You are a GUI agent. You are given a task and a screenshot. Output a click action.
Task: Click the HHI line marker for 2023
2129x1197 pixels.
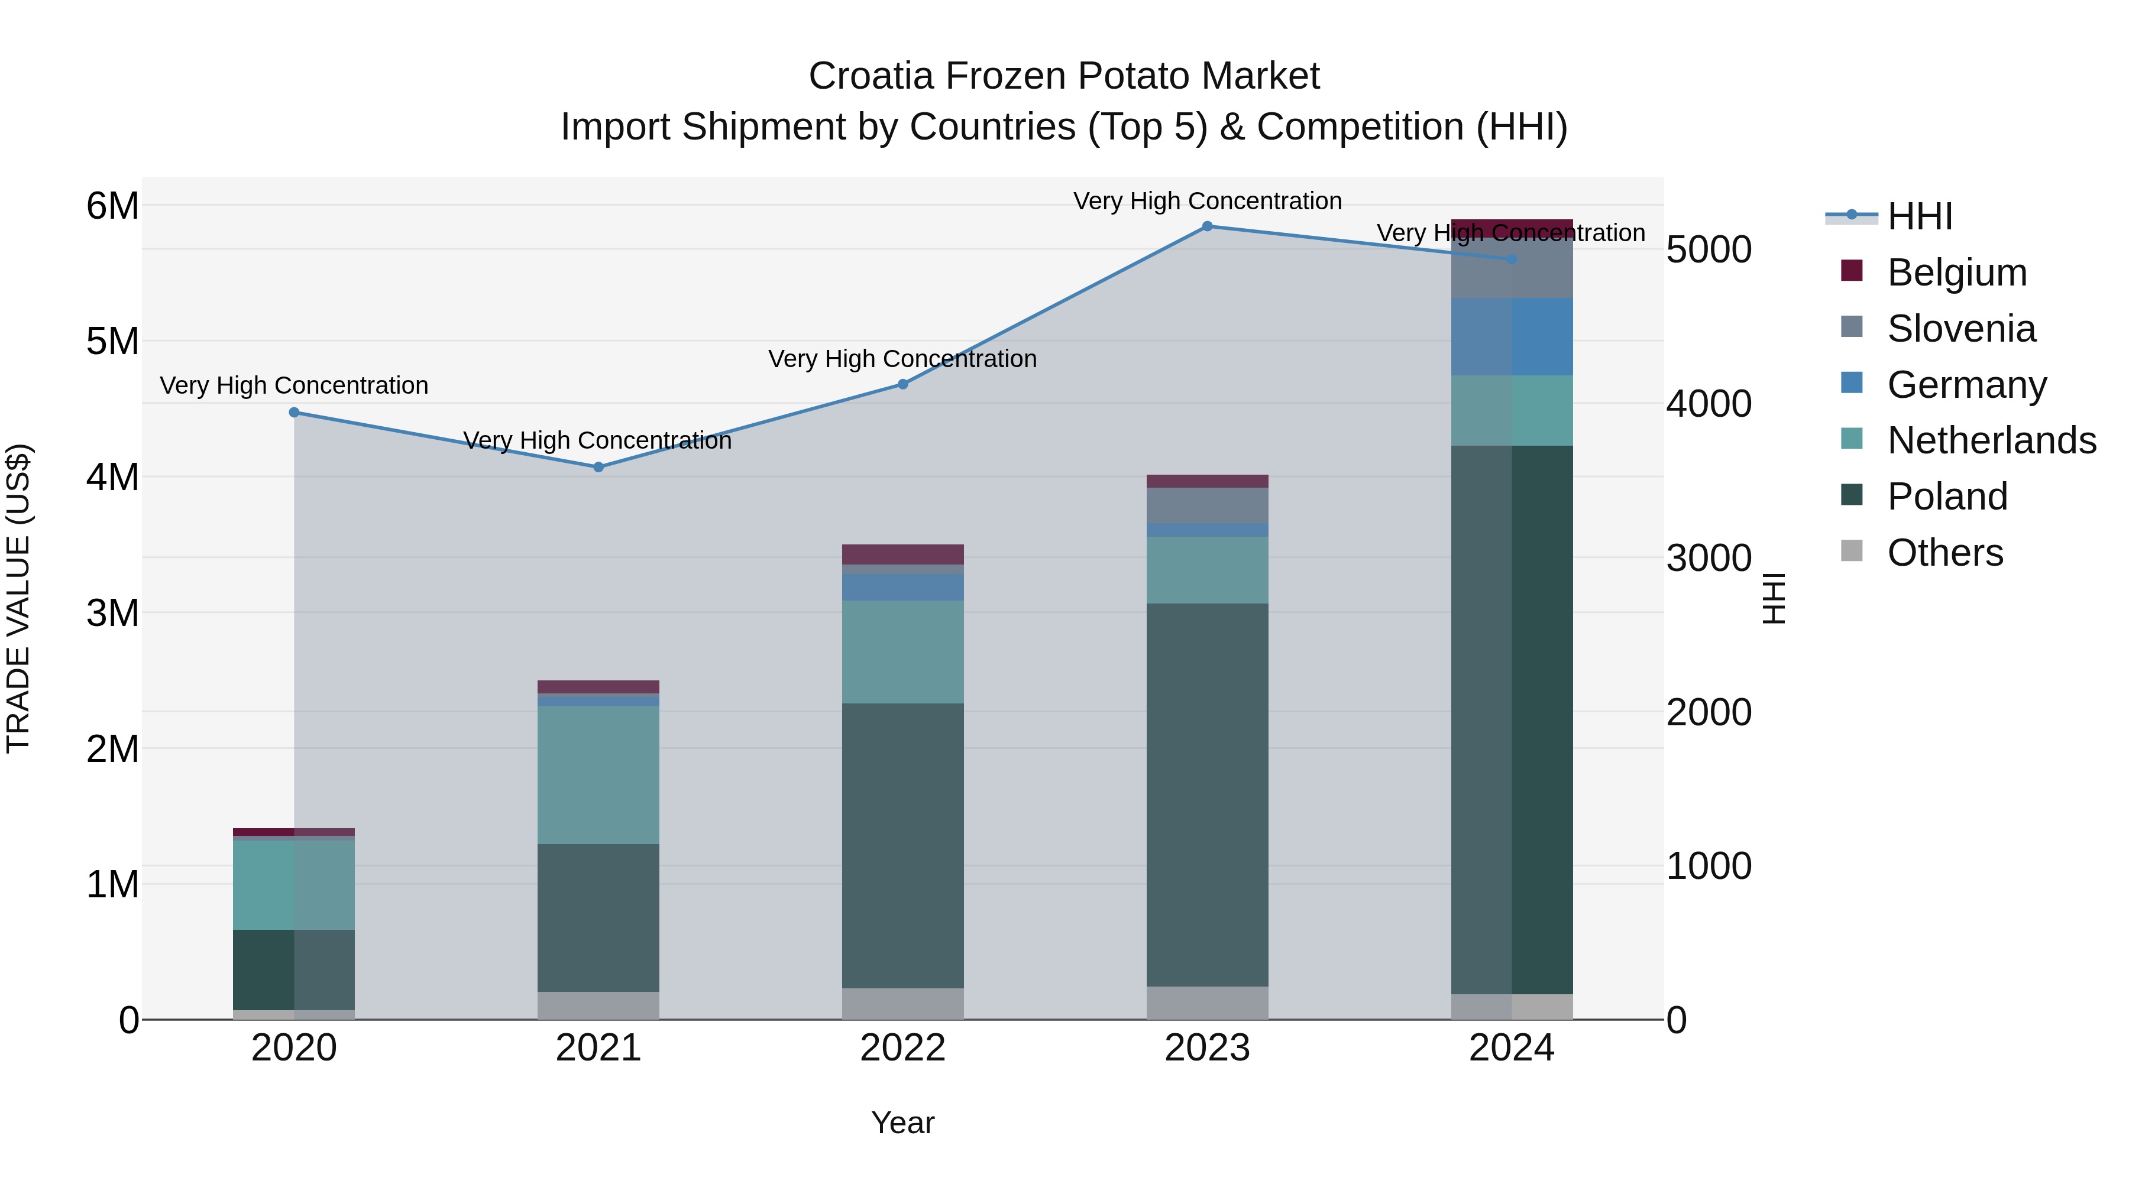pyautogui.click(x=1206, y=226)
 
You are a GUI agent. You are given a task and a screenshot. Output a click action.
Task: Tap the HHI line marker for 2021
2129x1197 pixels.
pyautogui.click(x=598, y=467)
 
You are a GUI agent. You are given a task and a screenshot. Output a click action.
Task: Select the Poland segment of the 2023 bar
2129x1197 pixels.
pyautogui.click(x=1206, y=794)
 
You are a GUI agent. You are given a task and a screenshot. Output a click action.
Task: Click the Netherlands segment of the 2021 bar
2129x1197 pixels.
pyautogui.click(x=598, y=775)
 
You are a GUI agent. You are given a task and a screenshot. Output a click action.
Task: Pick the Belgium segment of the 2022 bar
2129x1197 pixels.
pyautogui.click(x=902, y=554)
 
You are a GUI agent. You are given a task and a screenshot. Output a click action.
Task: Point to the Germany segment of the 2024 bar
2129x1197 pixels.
pyautogui.click(x=1512, y=337)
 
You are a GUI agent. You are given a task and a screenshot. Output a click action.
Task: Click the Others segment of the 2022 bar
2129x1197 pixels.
pyautogui.click(x=902, y=1004)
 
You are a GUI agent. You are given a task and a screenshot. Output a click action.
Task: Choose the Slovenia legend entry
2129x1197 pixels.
pyautogui.click(x=1960, y=329)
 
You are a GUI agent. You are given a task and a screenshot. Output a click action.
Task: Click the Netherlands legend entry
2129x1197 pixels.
pyautogui.click(x=1990, y=440)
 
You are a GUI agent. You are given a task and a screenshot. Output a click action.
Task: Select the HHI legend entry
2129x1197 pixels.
pyautogui.click(x=1919, y=216)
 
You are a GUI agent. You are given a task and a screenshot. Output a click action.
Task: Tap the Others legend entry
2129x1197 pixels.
pyautogui.click(x=1944, y=553)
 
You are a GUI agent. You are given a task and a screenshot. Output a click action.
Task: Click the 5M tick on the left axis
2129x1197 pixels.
pyautogui.click(x=112, y=341)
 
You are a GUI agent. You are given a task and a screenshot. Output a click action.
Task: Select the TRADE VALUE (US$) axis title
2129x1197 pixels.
pyautogui.click(x=18, y=598)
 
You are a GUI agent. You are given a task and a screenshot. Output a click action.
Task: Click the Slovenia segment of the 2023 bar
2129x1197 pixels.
pyautogui.click(x=1206, y=505)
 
